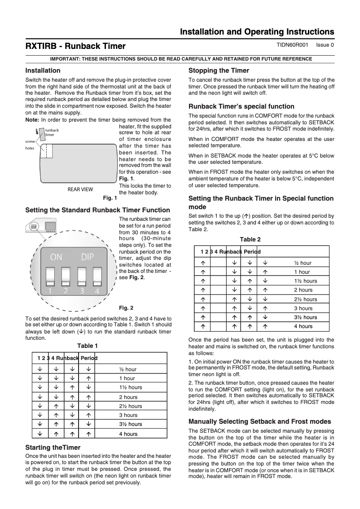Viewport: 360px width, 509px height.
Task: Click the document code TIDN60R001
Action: (292, 45)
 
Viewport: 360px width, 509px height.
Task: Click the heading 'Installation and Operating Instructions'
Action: (257, 32)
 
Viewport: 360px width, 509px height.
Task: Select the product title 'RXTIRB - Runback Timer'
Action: (75, 46)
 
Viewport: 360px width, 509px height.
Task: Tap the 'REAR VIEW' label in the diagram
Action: (80, 189)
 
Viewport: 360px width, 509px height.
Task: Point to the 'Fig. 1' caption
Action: (110, 197)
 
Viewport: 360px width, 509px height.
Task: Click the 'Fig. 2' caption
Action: (126, 308)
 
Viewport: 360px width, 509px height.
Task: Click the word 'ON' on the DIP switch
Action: (56, 257)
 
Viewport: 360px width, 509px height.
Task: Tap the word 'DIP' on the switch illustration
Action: (88, 257)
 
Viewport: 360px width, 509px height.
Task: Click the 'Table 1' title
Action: (87, 346)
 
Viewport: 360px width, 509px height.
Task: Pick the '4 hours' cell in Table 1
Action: (128, 434)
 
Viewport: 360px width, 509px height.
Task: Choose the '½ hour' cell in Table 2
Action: (303, 263)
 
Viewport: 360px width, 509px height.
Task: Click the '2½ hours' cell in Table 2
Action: (305, 299)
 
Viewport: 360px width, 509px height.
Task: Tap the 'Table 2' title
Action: (250, 239)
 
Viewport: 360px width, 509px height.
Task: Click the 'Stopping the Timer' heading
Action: (219, 70)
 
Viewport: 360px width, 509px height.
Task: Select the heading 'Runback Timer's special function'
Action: (241, 106)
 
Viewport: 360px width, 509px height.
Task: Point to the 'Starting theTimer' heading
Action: (53, 448)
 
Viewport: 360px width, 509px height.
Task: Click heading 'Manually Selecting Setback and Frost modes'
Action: (259, 421)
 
